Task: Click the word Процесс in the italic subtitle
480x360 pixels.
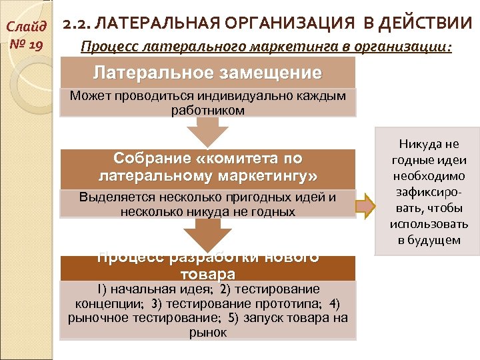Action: coord(104,48)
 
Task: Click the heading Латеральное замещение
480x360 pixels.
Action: coord(207,72)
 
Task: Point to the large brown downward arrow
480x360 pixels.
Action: coord(208,235)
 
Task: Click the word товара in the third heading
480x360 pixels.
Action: coord(208,274)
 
